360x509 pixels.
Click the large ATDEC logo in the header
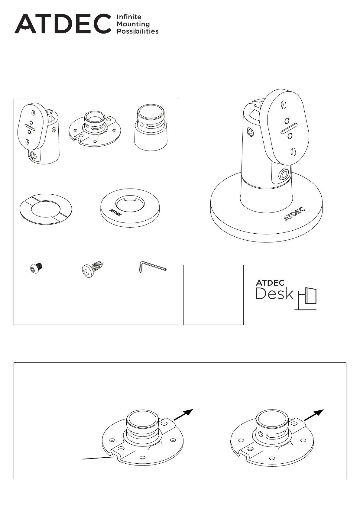tap(63, 24)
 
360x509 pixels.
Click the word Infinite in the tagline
tap(129, 17)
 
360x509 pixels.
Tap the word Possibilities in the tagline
tap(138, 31)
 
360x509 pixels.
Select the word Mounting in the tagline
tap(133, 24)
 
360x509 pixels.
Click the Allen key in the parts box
tap(153, 267)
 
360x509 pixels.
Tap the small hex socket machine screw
tap(36, 268)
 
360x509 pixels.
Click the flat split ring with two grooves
tap(46, 209)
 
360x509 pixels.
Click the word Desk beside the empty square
tap(274, 293)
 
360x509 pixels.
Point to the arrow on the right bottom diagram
tap(314, 415)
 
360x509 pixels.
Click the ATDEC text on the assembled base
tap(294, 214)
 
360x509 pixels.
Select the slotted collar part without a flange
tap(151, 127)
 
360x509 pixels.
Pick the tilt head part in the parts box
tap(38, 133)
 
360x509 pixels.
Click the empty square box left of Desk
tap(213, 295)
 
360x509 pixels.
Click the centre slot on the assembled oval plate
tap(289, 129)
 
